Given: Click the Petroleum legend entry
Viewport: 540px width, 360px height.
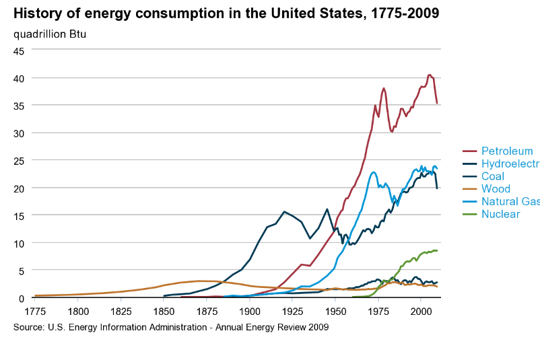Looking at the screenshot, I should [x=506, y=151].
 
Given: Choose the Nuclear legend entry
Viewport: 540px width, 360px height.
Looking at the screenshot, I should [x=500, y=214].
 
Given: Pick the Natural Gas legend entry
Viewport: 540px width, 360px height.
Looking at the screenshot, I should [x=510, y=202].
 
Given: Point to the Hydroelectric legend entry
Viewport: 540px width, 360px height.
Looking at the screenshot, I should [x=510, y=164].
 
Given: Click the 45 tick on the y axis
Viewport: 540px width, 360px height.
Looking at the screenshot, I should [x=19, y=50].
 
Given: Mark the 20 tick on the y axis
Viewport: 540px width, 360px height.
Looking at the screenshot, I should [x=19, y=188].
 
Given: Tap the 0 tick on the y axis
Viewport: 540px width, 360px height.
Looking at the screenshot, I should [x=22, y=298].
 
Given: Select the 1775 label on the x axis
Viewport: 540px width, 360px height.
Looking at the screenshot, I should [x=35, y=312].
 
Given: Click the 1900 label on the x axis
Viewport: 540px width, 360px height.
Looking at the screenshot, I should [x=250, y=312].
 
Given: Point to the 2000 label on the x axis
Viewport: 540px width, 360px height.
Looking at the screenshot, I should [x=421, y=312].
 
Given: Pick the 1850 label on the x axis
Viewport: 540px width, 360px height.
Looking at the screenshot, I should [x=164, y=312].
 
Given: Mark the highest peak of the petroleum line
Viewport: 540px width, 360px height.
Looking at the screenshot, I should [x=430, y=75].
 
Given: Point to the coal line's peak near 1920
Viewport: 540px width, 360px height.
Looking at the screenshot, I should [x=284, y=211].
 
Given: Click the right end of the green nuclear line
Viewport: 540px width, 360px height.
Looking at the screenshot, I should [x=437, y=250].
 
